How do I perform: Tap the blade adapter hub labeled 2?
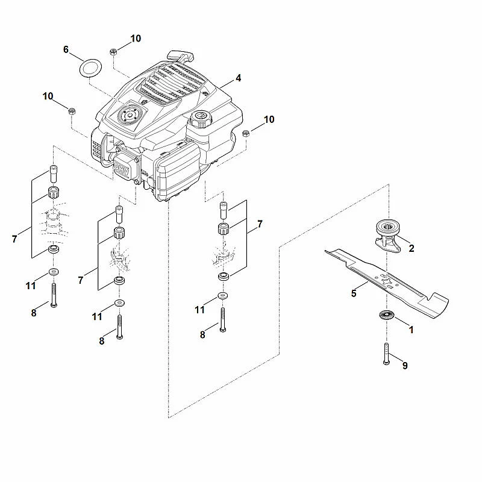pyautogui.click(x=388, y=235)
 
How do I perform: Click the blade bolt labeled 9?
pyautogui.click(x=387, y=354)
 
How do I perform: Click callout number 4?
pyautogui.click(x=238, y=78)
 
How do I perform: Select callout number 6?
pyautogui.click(x=66, y=49)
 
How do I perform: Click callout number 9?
pyautogui.click(x=405, y=366)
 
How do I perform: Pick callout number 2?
pyautogui.click(x=412, y=248)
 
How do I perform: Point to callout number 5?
pyautogui.click(x=354, y=293)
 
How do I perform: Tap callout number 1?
pyautogui.click(x=411, y=330)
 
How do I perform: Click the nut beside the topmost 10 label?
pyautogui.click(x=113, y=52)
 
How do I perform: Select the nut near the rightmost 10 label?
pyautogui.click(x=246, y=133)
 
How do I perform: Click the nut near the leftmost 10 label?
pyautogui.click(x=71, y=111)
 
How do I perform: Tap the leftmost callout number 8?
pyautogui.click(x=34, y=313)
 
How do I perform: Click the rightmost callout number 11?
pyautogui.click(x=200, y=310)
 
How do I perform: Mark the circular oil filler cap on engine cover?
pyautogui.click(x=130, y=114)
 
